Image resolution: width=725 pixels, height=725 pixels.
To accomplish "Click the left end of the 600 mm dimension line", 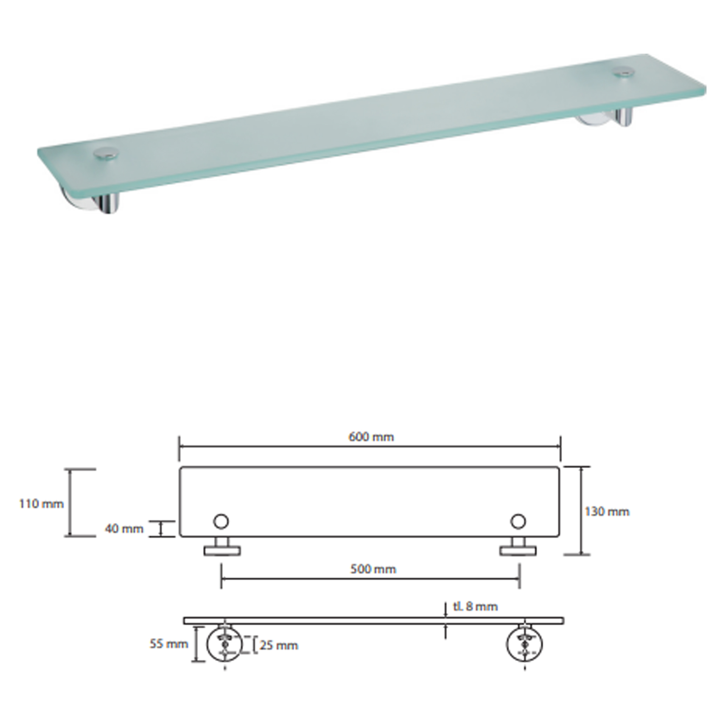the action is [x=179, y=447].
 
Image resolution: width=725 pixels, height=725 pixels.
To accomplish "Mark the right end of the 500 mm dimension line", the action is [x=519, y=579].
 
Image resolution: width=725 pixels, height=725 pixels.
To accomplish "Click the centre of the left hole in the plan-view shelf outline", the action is [x=221, y=521].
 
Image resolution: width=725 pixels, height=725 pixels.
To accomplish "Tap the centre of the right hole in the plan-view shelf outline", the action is [x=518, y=521].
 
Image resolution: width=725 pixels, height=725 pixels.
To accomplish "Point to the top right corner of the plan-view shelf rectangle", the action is [x=559, y=468].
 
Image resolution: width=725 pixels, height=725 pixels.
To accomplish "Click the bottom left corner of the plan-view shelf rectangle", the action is [x=180, y=536].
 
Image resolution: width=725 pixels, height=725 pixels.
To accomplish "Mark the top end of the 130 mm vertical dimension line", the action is [x=581, y=467].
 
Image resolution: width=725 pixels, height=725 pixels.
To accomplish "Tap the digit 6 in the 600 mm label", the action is [x=352, y=437].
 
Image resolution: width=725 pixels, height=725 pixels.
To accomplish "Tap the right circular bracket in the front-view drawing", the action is [x=524, y=643].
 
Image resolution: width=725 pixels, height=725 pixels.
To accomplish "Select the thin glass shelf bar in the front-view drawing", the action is [x=373, y=621].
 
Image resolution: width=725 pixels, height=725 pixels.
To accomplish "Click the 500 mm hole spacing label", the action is [x=373, y=569].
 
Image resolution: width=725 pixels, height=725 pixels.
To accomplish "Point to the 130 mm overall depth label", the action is [x=607, y=511].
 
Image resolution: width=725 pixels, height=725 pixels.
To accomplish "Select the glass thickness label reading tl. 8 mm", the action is [x=476, y=606].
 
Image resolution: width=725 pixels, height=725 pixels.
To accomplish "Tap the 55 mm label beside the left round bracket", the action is [x=169, y=644].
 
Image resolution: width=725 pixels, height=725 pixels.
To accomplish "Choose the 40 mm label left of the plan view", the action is [x=124, y=529].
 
